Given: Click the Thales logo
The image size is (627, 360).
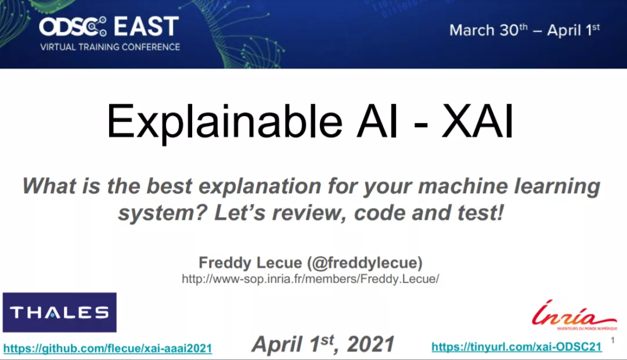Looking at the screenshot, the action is coord(60,312).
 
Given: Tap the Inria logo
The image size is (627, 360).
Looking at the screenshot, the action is coord(574,315).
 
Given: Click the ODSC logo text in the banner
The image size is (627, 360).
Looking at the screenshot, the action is coord(73,26).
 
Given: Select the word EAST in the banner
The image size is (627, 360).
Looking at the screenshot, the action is coord(146,26).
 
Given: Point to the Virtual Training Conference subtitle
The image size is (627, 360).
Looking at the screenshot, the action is coord(110,47).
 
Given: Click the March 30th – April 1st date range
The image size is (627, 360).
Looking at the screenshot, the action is coord(524,30).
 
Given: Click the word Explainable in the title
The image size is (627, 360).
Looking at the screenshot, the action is coord(224,122).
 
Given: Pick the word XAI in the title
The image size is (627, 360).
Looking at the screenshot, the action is coord(477,121).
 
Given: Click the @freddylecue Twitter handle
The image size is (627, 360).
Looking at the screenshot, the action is coord(365,263).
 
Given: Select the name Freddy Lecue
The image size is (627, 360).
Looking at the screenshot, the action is coord(250,263).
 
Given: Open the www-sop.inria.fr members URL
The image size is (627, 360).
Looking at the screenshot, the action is coord(310,279).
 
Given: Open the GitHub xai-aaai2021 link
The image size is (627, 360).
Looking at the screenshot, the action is coord(107,348).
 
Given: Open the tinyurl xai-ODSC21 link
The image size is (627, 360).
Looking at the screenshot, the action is coord(517,347).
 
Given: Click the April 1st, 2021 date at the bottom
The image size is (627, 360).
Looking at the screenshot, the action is coord(323,344).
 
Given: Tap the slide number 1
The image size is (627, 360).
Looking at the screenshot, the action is coord(612,340).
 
